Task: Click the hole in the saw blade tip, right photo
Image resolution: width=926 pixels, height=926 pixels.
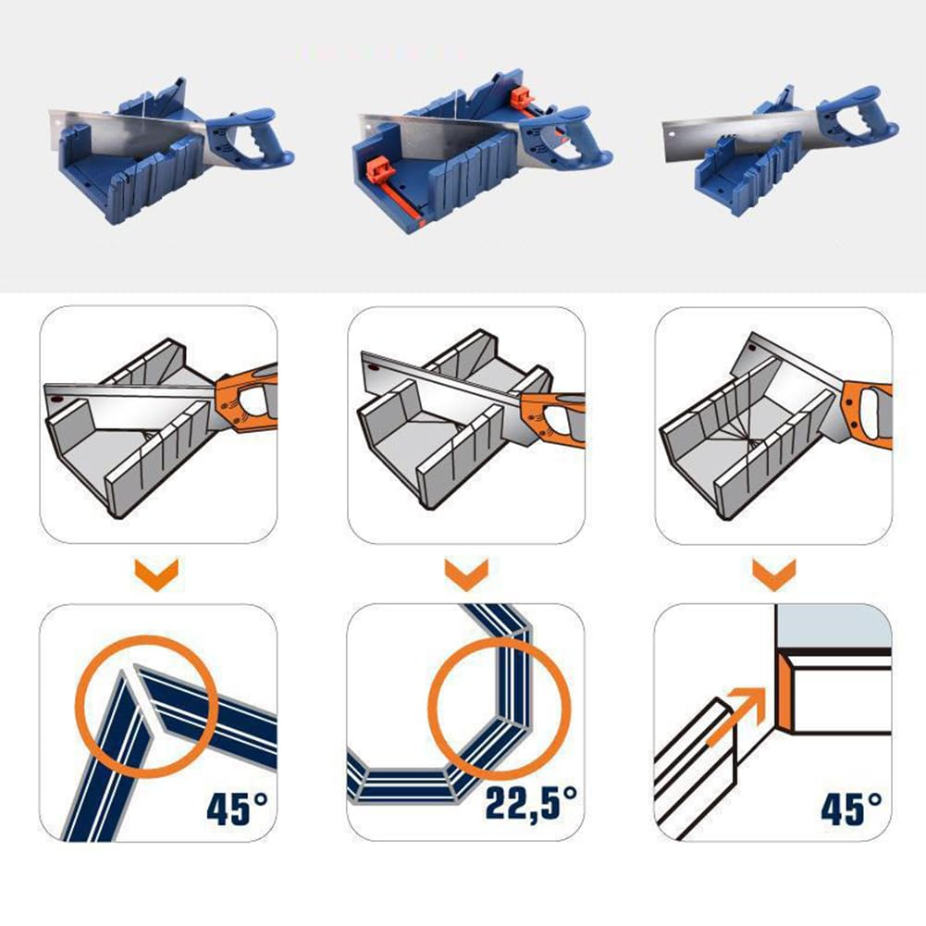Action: (x=673, y=135)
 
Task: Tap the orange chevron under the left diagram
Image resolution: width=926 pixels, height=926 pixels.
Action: (x=156, y=574)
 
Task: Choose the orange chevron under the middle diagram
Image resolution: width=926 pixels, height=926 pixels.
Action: (x=466, y=574)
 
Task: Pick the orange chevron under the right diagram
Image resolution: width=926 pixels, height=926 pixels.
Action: (x=774, y=574)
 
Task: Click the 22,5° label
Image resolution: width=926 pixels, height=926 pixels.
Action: (x=531, y=803)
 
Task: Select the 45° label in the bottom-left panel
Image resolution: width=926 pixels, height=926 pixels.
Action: (x=237, y=808)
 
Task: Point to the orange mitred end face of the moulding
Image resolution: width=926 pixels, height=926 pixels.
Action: (x=784, y=692)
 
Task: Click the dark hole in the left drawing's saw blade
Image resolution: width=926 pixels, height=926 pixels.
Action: (x=56, y=400)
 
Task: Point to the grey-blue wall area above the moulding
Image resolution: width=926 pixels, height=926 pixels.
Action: (x=833, y=624)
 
